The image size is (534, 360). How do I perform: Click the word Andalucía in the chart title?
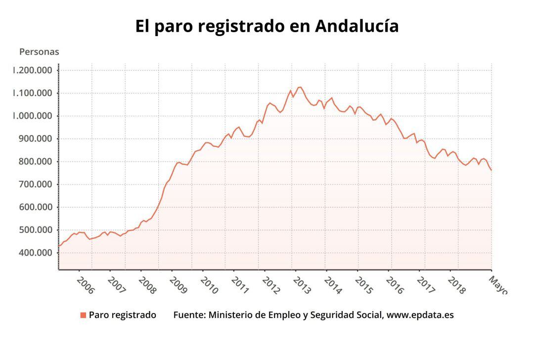356,26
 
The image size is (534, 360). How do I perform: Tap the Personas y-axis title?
39,51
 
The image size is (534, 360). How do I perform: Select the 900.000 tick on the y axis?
36,138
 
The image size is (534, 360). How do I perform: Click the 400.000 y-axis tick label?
36,253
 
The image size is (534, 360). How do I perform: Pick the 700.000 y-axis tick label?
36,184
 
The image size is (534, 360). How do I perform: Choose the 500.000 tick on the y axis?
36,230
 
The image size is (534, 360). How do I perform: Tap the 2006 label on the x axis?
85,285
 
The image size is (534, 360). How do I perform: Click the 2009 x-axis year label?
178,285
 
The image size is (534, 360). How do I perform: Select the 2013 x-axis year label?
302,285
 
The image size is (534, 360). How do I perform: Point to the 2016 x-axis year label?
395,285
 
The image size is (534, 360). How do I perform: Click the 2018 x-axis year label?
456,285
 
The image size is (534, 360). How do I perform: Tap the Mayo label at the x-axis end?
497,285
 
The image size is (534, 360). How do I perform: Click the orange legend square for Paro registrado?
83,315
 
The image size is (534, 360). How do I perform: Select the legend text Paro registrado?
122,315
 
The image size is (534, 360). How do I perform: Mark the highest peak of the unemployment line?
300,87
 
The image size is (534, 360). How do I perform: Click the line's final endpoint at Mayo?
491,171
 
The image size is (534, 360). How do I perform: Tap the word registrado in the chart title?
237,26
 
